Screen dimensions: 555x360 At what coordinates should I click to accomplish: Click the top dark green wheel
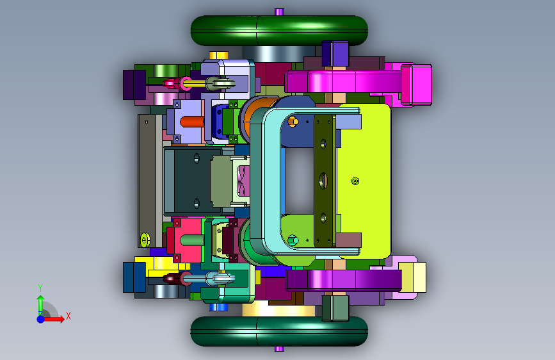tap(279, 31)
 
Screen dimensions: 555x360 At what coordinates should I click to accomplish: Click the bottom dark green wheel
tap(279, 331)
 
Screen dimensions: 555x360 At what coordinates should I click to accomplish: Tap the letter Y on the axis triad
tap(40, 288)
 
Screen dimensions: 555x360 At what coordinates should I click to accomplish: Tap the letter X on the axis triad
tap(68, 316)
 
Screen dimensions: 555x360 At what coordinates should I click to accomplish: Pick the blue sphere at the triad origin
tap(41, 319)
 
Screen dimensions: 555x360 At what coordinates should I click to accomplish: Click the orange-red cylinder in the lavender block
tap(192, 122)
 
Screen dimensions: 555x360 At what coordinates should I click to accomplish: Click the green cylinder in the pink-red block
tap(192, 241)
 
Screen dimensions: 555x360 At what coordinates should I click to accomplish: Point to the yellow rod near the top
tap(195, 84)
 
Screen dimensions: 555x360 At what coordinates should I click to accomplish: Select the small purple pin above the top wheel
tap(279, 12)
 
